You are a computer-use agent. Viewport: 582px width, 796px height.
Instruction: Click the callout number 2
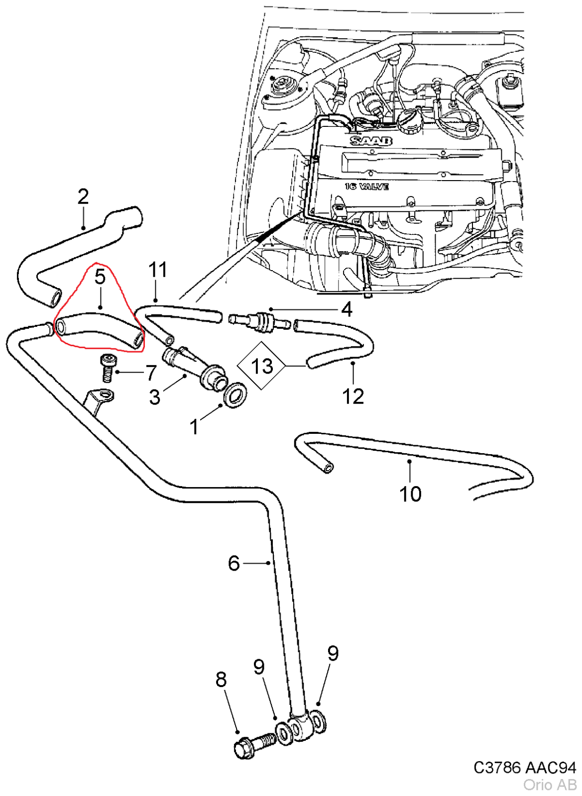[x=83, y=197]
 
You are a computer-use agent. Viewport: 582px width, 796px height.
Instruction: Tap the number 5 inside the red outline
[x=100, y=277]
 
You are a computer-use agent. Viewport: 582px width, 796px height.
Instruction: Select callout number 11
[x=158, y=270]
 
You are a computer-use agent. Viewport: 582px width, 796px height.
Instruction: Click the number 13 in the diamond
[x=262, y=366]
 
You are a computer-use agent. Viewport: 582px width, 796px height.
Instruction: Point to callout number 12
[x=353, y=397]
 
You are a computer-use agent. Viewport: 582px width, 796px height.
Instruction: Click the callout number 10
[x=410, y=494]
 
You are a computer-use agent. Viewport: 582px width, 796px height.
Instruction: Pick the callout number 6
[x=233, y=563]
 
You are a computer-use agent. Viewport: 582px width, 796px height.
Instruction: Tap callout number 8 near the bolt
[x=221, y=679]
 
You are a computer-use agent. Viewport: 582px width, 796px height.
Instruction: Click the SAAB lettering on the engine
[x=371, y=141]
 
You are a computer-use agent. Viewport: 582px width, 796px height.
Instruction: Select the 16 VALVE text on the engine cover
[x=367, y=187]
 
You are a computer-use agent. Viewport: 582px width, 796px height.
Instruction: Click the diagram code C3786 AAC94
[x=524, y=768]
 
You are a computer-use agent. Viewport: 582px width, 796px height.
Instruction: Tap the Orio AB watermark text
[x=549, y=785]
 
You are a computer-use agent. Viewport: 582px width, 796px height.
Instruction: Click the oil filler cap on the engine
[x=410, y=121]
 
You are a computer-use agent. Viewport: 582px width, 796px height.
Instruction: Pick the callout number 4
[x=347, y=309]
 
